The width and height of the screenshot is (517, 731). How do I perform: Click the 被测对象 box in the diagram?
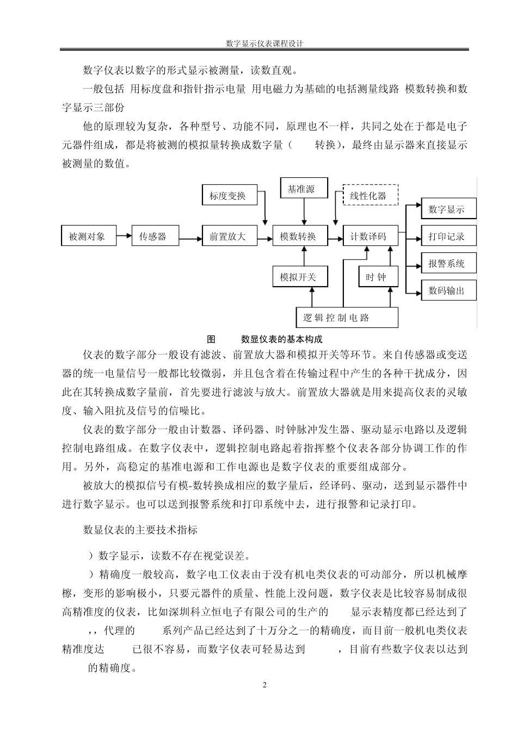(x=87, y=237)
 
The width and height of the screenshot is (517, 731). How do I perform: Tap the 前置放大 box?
(x=227, y=237)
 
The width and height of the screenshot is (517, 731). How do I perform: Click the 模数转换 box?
(x=298, y=237)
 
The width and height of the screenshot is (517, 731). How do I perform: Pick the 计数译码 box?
(x=368, y=237)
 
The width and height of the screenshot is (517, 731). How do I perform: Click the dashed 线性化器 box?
(x=370, y=195)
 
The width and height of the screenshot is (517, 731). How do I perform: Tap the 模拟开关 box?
(x=298, y=277)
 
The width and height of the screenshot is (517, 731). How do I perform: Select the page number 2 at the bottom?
(x=264, y=685)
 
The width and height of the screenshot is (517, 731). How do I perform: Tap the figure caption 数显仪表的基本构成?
(x=282, y=339)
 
